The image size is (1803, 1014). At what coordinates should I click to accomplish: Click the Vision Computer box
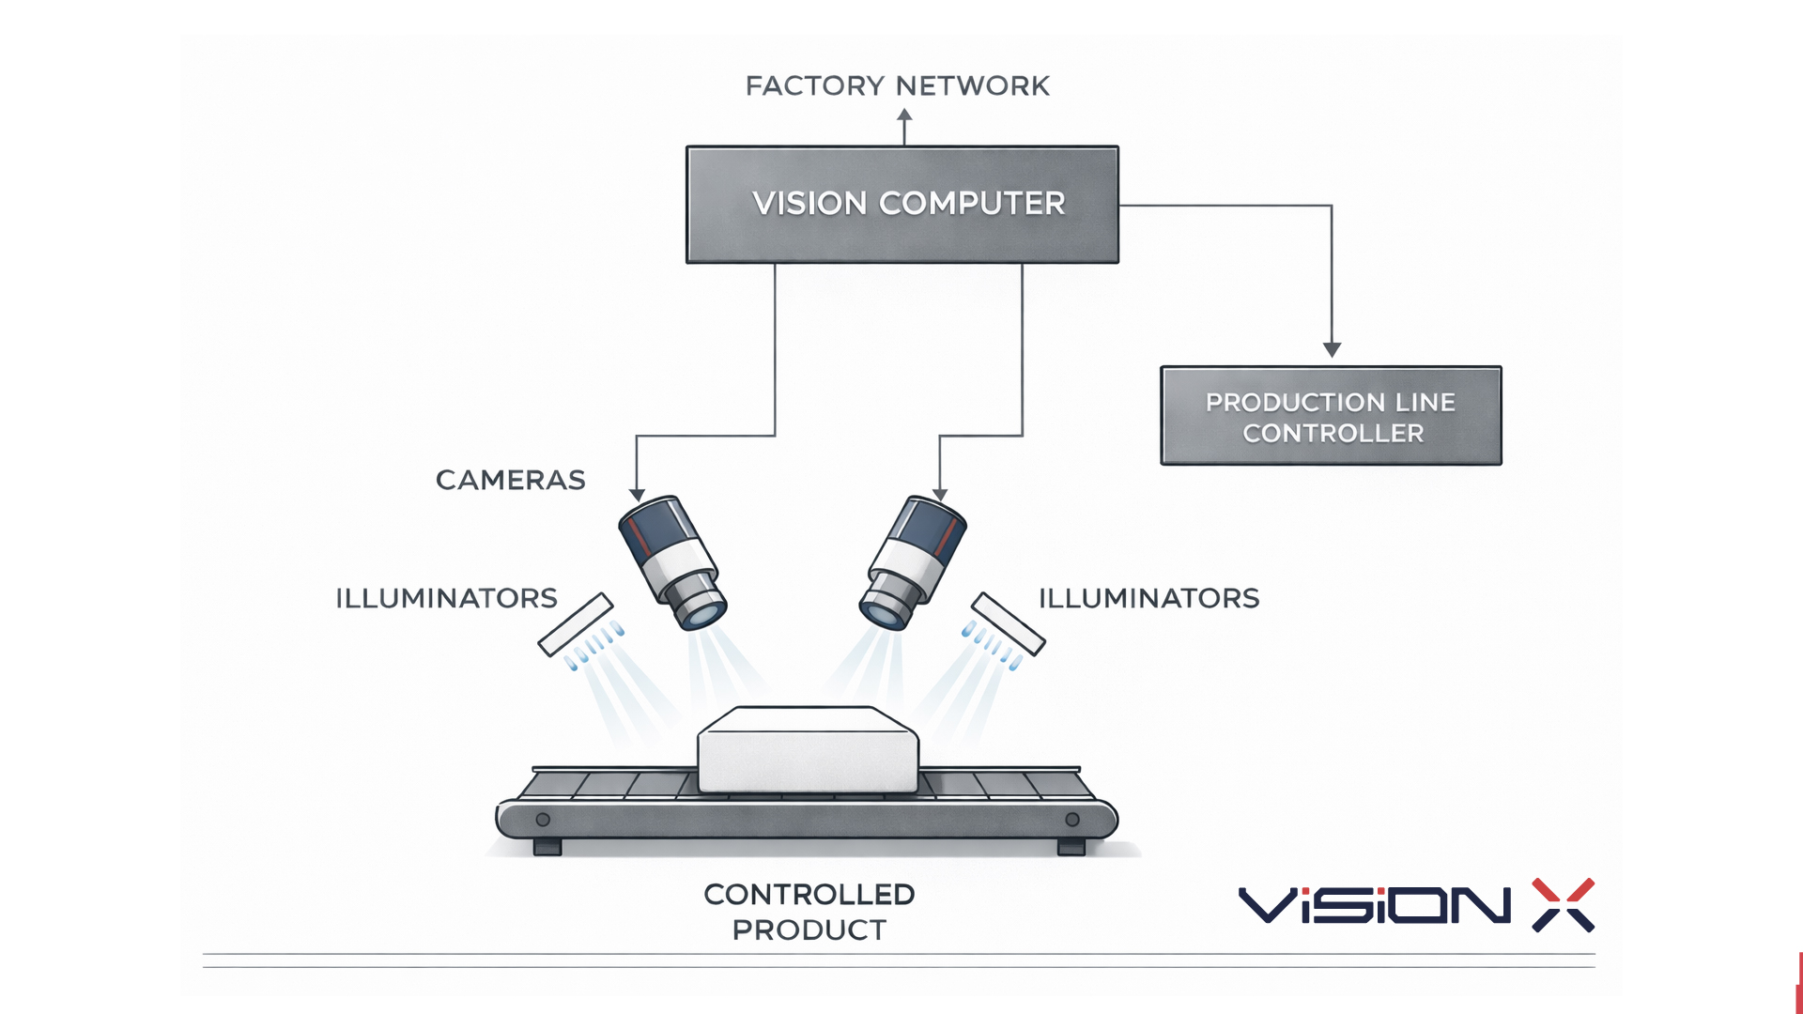(901, 204)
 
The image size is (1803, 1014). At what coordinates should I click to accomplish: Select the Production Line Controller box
(1331, 416)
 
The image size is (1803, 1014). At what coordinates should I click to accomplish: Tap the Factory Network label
(897, 86)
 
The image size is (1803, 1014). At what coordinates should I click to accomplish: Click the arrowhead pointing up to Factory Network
(904, 115)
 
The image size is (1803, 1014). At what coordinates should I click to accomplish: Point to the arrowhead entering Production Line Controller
(1332, 349)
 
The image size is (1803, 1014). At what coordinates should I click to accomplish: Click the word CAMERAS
(510, 480)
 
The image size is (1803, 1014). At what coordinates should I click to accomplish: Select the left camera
(670, 561)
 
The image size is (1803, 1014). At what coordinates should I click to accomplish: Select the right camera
(913, 561)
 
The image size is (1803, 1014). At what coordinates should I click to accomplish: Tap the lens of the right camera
(882, 613)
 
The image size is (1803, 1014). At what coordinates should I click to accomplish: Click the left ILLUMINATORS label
(446, 598)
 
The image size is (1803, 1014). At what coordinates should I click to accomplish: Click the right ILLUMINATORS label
(1148, 598)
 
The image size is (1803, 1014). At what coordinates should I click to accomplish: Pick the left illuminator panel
(576, 624)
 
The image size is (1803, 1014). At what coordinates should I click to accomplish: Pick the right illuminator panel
(1008, 623)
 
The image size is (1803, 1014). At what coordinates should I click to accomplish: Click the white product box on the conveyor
(808, 751)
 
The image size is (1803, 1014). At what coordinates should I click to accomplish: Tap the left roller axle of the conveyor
(543, 820)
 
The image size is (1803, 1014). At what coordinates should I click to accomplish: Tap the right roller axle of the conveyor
(1072, 820)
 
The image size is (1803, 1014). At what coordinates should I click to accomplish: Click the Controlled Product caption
(809, 912)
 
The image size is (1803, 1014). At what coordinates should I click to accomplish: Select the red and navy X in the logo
(1563, 905)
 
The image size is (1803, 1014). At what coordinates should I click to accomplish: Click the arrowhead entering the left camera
(637, 495)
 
